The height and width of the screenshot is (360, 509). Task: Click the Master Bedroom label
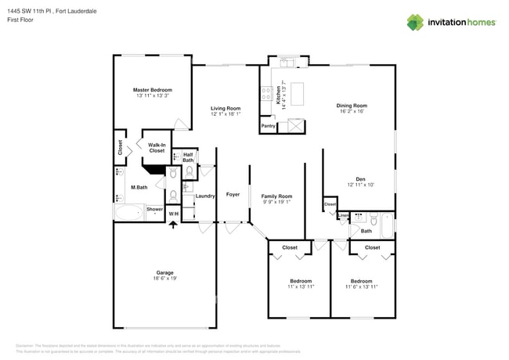(x=152, y=90)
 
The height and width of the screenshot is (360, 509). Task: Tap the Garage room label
(x=164, y=272)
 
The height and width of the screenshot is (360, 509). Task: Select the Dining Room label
(x=352, y=105)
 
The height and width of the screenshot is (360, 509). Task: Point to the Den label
(x=360, y=178)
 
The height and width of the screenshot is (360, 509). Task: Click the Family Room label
(x=276, y=196)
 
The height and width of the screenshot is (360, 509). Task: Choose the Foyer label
(x=233, y=194)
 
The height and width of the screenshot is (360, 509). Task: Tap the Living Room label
(x=226, y=108)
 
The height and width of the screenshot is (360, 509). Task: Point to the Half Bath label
(x=188, y=157)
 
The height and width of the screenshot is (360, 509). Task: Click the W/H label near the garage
(x=173, y=214)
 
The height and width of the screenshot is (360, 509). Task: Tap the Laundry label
(x=205, y=196)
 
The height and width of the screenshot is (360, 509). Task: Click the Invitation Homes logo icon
(x=416, y=22)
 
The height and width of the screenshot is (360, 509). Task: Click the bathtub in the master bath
(x=129, y=211)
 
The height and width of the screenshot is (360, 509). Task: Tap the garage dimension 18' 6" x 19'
(x=164, y=279)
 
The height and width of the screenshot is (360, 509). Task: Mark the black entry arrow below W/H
(x=173, y=225)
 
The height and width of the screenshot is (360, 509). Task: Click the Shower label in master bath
(x=154, y=209)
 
